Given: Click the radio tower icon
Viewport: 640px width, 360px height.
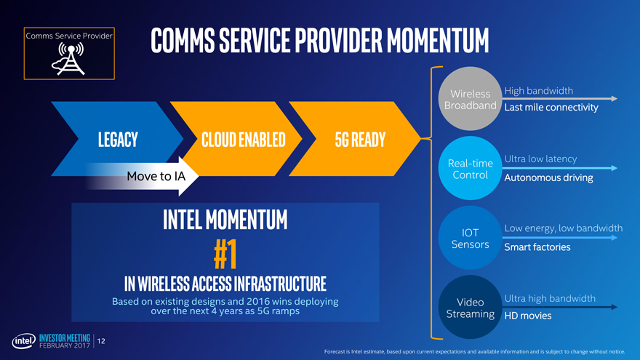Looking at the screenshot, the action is (68, 59).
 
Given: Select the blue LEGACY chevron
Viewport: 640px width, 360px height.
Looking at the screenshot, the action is (117, 139).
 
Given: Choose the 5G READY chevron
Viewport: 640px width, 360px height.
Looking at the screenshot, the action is (355, 139).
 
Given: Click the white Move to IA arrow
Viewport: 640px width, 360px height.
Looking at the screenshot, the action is (142, 176).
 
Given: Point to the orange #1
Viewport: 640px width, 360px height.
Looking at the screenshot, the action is (225, 254).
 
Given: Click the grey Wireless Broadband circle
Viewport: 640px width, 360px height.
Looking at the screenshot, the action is (471, 99).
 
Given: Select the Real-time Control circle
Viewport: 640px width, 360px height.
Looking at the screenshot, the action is (471, 168).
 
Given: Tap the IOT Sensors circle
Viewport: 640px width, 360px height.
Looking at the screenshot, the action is (471, 238).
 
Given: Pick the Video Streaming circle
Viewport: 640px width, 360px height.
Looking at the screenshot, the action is (471, 307).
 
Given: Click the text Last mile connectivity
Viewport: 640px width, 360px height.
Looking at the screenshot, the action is (551, 108).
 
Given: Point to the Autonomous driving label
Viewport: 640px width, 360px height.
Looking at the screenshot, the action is (548, 177).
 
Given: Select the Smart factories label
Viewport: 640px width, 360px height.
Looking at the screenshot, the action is (537, 247).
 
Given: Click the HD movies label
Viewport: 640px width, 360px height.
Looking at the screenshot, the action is (528, 316).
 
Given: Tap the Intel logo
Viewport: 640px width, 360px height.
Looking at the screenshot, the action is (24, 341).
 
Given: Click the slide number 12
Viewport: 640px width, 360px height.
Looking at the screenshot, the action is (101, 341).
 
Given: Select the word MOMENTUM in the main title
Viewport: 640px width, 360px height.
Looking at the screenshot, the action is (438, 41).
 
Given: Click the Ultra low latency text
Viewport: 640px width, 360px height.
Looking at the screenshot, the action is (540, 159).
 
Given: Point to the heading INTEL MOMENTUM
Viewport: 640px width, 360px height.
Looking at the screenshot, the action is (225, 219).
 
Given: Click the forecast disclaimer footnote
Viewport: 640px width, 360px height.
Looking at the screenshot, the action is (474, 351).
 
